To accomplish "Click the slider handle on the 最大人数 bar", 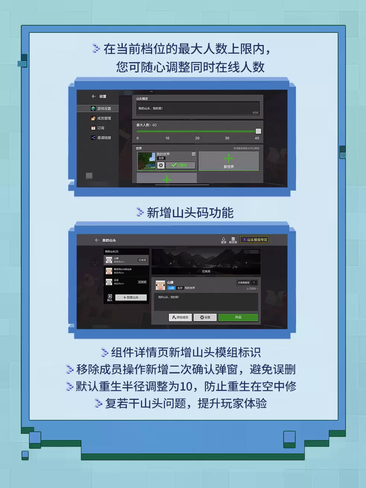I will point(258,131).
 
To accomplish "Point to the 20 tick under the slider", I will point(197,138).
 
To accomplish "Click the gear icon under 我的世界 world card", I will point(161,165).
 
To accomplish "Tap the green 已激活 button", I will point(180,165).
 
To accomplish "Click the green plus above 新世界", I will point(229,158).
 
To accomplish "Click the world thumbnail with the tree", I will point(146,161).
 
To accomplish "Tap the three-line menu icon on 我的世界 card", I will point(193,154).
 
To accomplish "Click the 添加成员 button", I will point(180,317).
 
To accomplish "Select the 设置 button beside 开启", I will point(205,317).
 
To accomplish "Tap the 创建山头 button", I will point(131,298).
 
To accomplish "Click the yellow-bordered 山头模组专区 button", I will point(255,240).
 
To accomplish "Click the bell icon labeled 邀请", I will point(223,240).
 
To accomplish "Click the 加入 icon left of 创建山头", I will point(110,297).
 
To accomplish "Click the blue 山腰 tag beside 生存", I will point(171,288).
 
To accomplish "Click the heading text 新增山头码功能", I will point(190,213).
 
